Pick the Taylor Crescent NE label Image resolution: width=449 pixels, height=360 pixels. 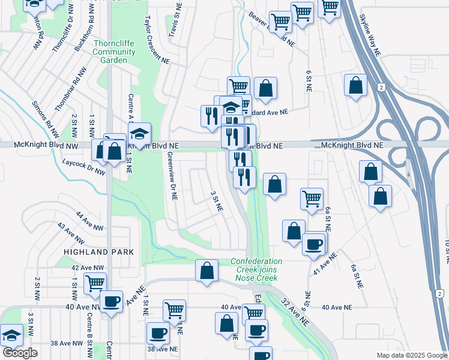pos(154,40)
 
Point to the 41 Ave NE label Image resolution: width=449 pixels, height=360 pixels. pos(325,264)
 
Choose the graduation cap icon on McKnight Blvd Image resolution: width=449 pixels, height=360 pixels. pos(139,134)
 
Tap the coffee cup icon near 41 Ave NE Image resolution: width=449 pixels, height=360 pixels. pos(313,244)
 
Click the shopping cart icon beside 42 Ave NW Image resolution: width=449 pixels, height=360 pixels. pos(95,283)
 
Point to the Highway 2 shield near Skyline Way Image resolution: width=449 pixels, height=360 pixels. pos(381,88)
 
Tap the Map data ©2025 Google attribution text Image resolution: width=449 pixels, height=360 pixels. pos(411,355)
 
